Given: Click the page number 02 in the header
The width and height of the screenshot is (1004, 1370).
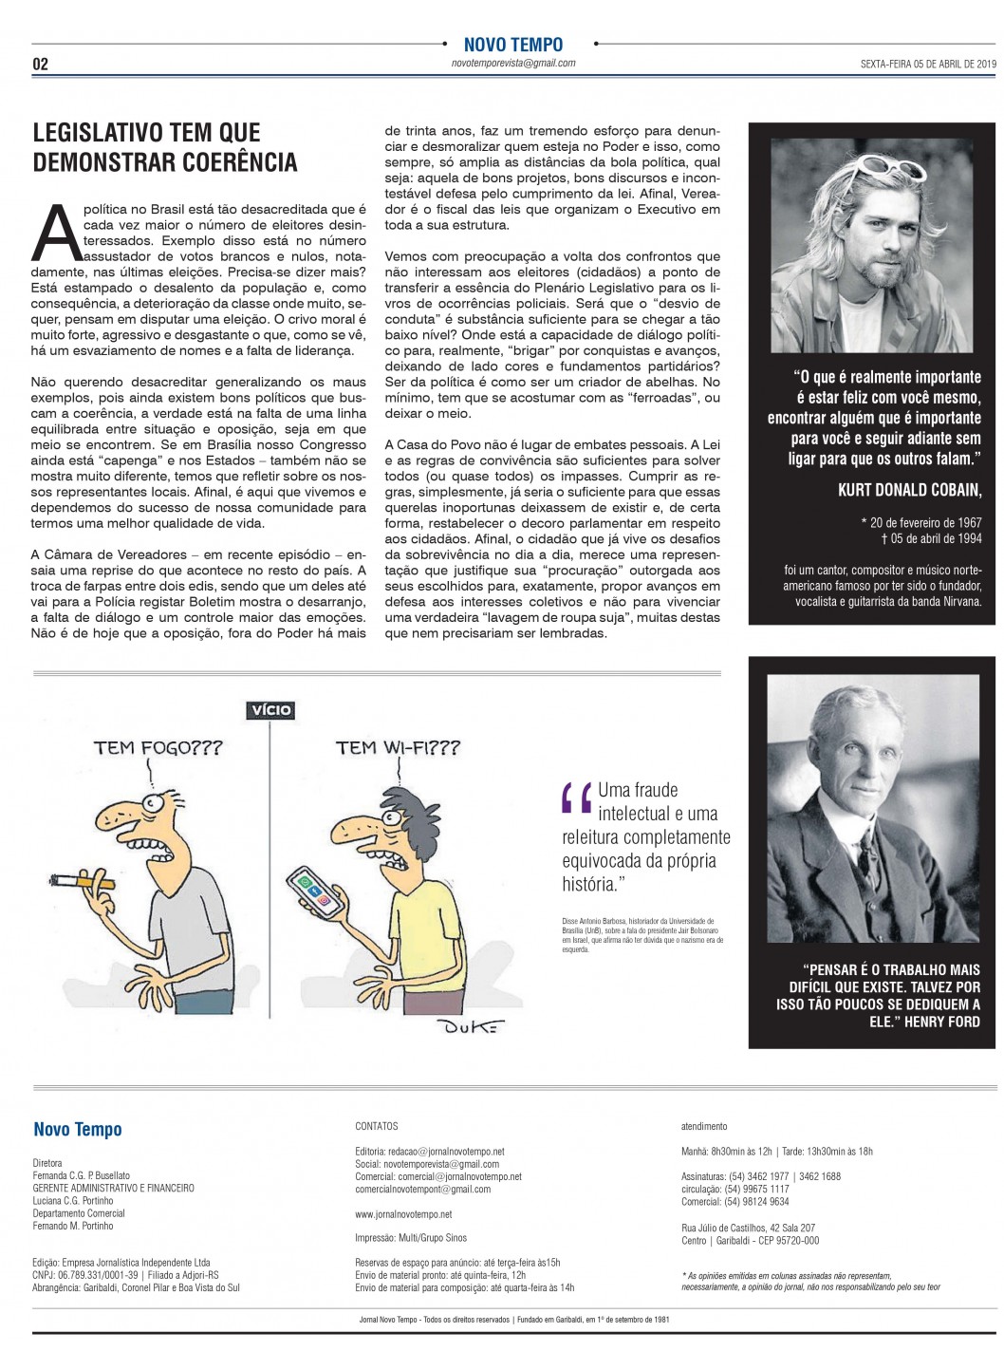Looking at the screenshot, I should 40,64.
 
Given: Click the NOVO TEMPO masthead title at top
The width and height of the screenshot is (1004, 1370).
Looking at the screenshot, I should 512,44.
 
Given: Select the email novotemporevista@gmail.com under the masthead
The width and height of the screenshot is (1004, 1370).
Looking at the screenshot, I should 513,64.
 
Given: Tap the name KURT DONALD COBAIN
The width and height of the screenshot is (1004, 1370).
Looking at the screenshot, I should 909,489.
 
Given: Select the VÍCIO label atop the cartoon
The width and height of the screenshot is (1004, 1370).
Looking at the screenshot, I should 270,709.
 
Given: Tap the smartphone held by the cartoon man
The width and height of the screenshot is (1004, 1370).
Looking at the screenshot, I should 316,891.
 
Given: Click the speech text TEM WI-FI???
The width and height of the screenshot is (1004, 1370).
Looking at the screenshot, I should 398,748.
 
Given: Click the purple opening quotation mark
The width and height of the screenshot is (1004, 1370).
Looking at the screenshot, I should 576,799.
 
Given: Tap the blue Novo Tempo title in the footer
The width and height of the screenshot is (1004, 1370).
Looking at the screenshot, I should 78,1129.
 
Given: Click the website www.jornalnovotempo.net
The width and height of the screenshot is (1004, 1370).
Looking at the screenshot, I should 403,1214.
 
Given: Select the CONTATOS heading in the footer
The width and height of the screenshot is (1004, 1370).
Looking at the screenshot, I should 377,1126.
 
